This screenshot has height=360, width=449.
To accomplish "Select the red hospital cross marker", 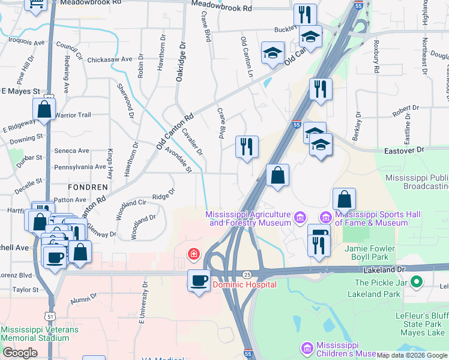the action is click(x=193, y=254).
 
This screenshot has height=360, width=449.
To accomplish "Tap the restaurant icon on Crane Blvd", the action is click(x=247, y=147).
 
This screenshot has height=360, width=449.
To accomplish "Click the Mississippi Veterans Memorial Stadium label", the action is click(x=40, y=334).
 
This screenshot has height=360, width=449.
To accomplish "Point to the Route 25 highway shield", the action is click(x=247, y=274).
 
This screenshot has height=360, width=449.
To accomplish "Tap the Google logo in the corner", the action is click(x=20, y=353).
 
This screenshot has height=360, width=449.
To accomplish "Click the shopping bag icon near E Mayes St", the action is click(x=44, y=109).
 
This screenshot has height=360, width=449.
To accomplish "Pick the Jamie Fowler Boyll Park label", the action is click(x=370, y=253).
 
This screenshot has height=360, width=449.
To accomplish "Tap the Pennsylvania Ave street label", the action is click(x=80, y=167).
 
